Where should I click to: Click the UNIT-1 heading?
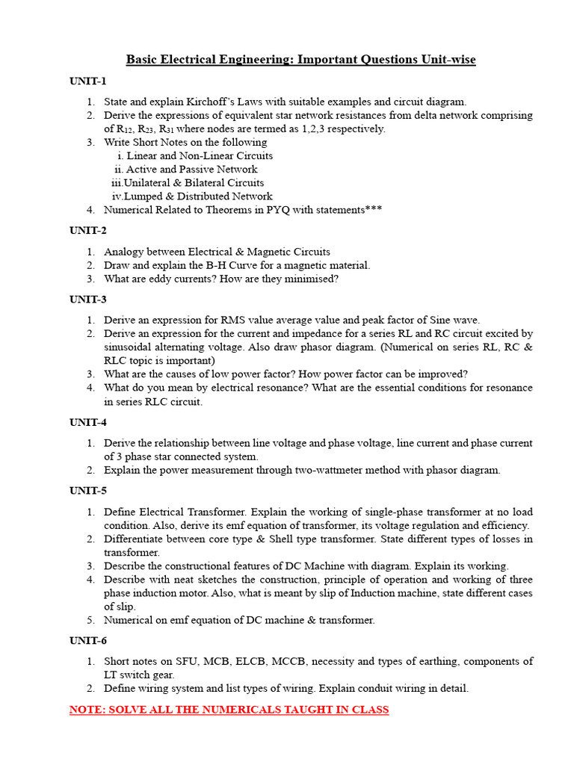click(x=88, y=81)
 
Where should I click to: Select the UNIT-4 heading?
click(x=88, y=422)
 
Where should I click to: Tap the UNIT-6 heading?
click(x=88, y=640)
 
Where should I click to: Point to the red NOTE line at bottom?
click(x=229, y=710)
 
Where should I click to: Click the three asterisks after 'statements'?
click(x=374, y=210)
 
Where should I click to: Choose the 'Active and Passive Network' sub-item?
click(x=192, y=170)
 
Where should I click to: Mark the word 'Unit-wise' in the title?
click(x=446, y=59)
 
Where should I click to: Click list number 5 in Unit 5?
click(x=90, y=620)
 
